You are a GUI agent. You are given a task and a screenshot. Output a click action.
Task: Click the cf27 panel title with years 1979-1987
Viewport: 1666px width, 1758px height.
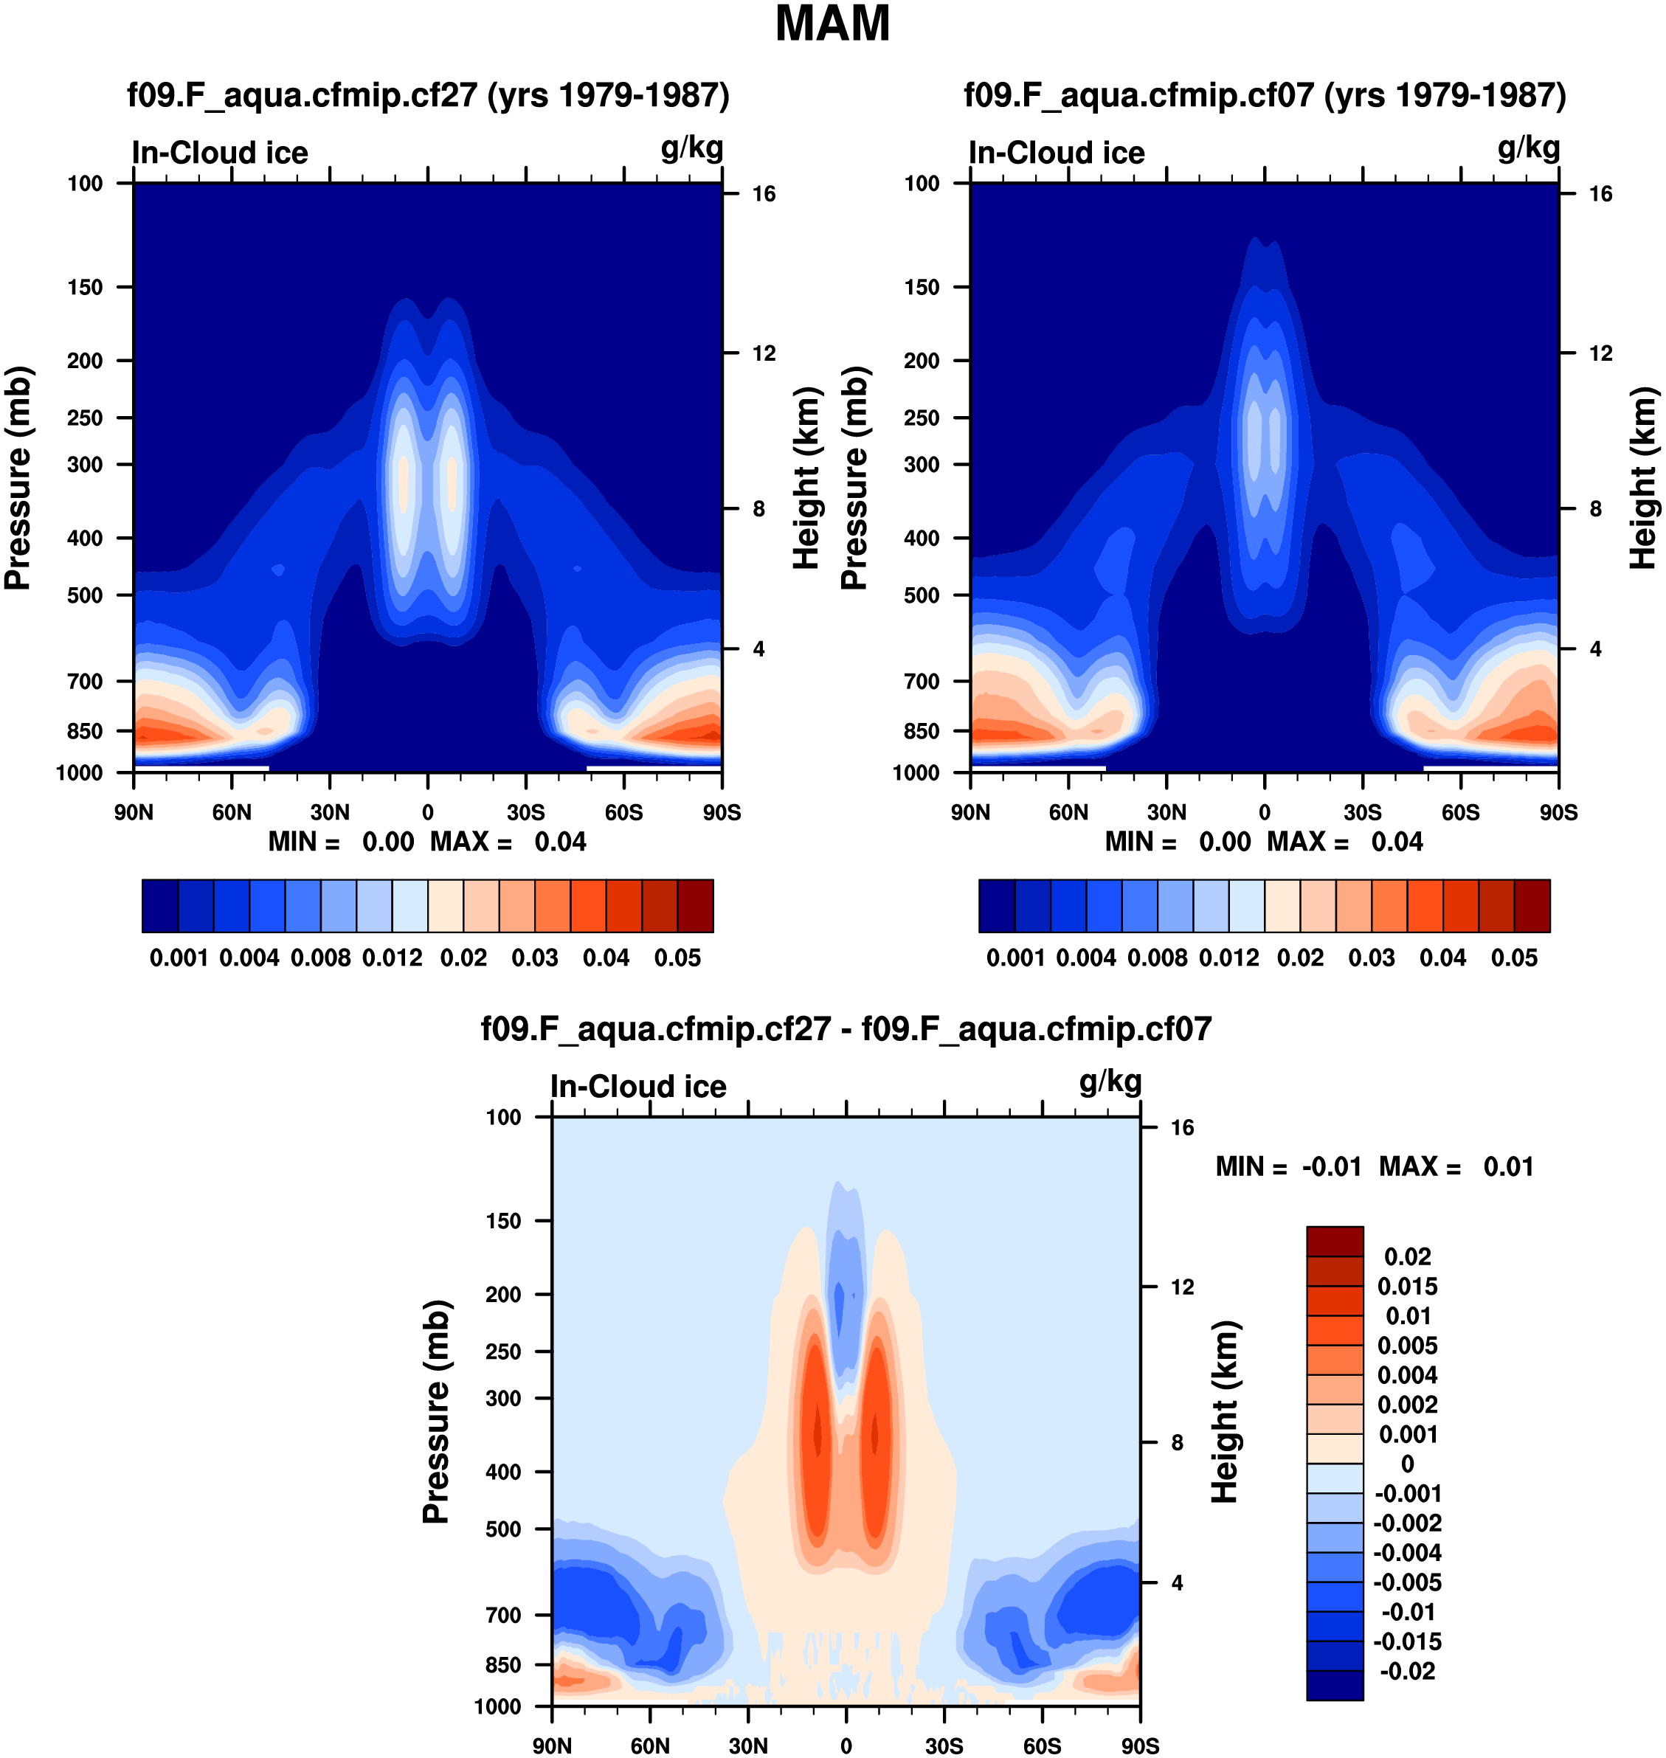[x=428, y=95]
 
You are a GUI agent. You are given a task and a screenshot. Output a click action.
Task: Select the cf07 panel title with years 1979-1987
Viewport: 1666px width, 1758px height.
[x=1265, y=95]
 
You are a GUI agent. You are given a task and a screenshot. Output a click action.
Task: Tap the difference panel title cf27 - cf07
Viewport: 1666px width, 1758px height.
[x=846, y=1029]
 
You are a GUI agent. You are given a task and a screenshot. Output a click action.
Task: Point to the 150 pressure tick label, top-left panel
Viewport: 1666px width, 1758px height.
[x=86, y=287]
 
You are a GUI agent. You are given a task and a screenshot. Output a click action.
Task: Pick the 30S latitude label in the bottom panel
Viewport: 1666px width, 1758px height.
[x=944, y=1746]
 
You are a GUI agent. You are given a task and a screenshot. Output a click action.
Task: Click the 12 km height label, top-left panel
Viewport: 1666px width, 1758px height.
[x=764, y=353]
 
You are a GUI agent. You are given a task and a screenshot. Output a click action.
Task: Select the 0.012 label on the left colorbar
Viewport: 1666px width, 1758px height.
[x=392, y=958]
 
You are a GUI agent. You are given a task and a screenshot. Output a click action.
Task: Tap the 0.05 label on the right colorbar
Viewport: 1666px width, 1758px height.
[x=1514, y=958]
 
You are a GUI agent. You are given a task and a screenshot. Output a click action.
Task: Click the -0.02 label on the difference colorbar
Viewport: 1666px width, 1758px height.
[x=1408, y=1671]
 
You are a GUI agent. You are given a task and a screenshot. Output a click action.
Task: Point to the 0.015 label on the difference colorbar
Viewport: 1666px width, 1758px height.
[x=1408, y=1287]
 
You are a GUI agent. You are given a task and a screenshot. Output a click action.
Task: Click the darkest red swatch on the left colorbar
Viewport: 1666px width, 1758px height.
[x=695, y=906]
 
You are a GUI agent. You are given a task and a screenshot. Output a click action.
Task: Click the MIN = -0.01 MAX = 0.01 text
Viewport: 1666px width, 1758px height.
[x=1374, y=1166]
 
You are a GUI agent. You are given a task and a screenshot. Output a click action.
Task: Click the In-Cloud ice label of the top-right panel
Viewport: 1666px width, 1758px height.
[x=1056, y=153]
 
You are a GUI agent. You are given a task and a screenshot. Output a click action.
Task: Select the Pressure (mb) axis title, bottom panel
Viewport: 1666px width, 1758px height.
[x=436, y=1412]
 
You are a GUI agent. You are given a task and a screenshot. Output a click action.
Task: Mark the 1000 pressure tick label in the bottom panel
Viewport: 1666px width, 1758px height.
[x=497, y=1706]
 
